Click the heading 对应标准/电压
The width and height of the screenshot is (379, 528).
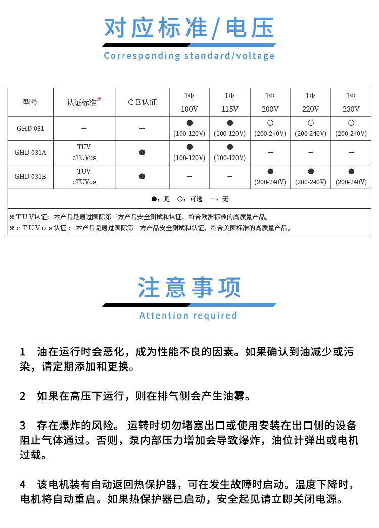tap(189, 28)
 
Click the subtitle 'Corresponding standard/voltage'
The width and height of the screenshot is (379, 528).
tap(189, 56)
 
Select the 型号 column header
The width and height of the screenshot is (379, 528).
tap(30, 102)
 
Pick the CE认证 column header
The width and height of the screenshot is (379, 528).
tap(142, 102)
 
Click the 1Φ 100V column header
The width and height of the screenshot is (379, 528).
tap(189, 102)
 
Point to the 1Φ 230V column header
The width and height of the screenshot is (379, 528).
tap(351, 102)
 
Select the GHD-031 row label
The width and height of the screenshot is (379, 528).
tap(30, 129)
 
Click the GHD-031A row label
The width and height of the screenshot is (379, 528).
tap(30, 152)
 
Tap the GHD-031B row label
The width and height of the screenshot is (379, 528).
tap(30, 176)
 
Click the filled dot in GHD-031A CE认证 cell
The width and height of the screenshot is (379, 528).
tap(142, 152)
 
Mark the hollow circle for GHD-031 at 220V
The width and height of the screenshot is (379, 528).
tap(310, 123)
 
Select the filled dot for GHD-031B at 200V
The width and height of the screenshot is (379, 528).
tap(270, 172)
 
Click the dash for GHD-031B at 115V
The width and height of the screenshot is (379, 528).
tap(230, 176)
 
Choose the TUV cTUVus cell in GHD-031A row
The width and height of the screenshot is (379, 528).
tap(84, 152)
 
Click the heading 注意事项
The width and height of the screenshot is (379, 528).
tap(189, 288)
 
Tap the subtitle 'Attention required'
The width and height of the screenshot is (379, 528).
tap(188, 315)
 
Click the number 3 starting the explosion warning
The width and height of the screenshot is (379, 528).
tap(22, 425)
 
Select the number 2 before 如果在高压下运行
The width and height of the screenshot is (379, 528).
tap(22, 396)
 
